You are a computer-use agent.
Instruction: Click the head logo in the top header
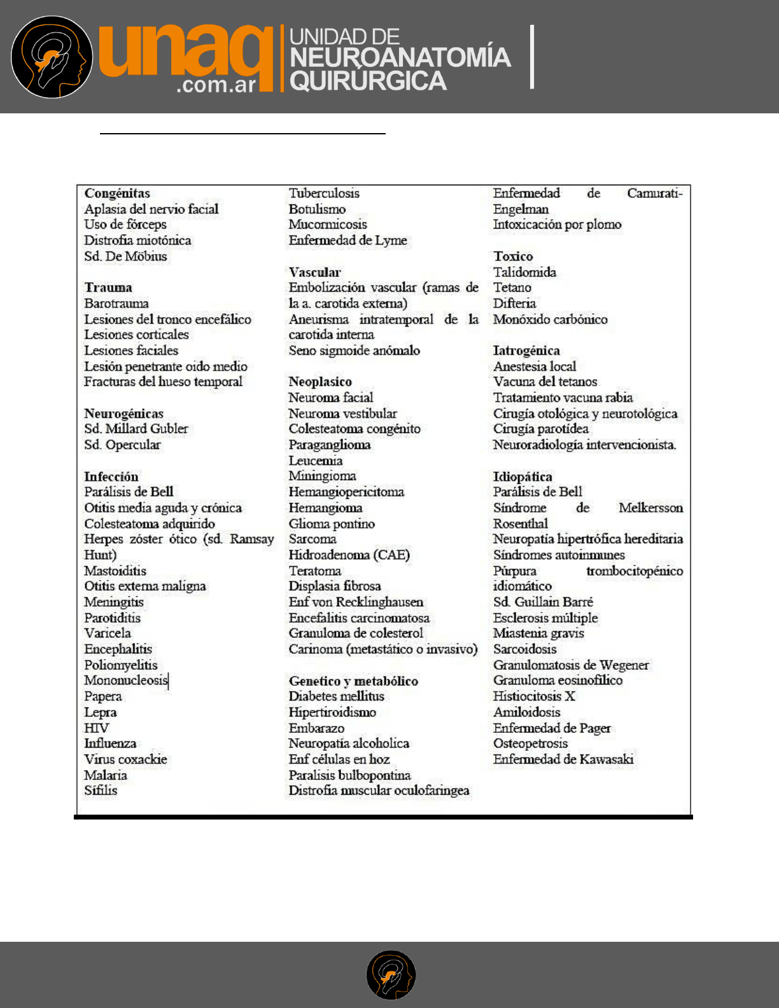pos(52,57)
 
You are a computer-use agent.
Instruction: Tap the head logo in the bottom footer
pos(391,975)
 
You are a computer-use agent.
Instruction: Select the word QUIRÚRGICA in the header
pos(368,82)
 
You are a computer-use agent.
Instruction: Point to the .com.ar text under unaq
pos(216,85)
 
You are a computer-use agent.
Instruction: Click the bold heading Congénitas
pos(117,193)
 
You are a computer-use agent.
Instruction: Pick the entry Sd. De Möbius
pos(125,256)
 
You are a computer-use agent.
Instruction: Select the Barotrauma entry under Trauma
pos(116,303)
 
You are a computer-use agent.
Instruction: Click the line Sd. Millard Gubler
pos(136,429)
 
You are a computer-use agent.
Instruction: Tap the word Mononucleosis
pos(126,680)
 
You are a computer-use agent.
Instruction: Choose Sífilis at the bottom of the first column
pos(101,790)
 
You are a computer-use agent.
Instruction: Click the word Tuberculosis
pos(324,193)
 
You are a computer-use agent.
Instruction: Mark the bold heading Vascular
pos(314,272)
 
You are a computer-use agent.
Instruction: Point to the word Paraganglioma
pos(330,444)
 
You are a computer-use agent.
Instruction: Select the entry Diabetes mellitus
pos(336,696)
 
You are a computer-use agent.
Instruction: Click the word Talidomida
pos(524,272)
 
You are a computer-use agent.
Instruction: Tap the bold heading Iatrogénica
pos(526,350)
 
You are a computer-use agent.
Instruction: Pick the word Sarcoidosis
pos(524,649)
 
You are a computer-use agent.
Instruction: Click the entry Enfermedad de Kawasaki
pos(563,759)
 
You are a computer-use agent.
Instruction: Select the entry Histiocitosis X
pos(534,696)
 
